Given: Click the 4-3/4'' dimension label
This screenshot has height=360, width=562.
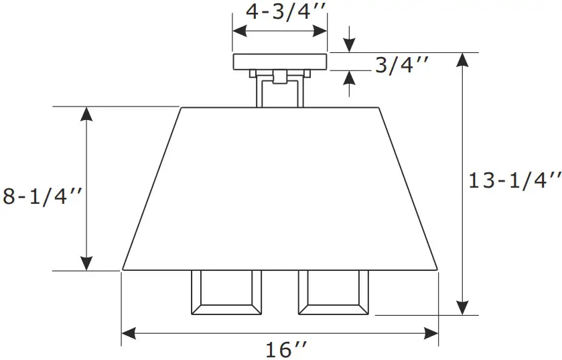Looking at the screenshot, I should (x=280, y=12).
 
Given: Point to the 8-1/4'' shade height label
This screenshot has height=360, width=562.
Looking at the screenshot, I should (x=42, y=197).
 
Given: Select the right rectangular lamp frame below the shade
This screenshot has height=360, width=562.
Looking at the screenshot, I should (x=334, y=292).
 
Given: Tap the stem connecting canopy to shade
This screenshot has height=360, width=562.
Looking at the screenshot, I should (x=280, y=90).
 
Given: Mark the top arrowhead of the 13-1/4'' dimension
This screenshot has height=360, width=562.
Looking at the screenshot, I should (x=462, y=60).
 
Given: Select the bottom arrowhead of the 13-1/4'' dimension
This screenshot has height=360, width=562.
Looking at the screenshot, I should (x=462, y=307).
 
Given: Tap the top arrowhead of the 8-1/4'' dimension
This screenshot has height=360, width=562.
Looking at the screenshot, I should (x=86, y=115).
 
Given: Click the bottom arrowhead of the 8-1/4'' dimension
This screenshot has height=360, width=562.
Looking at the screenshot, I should (x=86, y=263).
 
